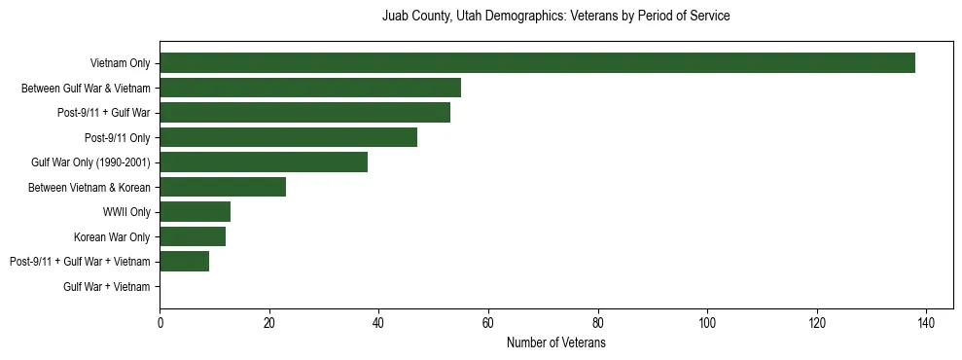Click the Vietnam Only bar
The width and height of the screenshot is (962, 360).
[x=537, y=63]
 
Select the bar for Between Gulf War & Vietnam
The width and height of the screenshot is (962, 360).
[x=310, y=88]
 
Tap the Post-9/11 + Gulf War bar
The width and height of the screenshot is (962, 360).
[x=304, y=113]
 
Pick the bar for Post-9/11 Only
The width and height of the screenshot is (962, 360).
[x=288, y=137]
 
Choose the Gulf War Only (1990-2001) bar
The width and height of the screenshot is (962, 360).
[x=264, y=162]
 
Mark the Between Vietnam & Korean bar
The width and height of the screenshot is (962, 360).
[x=223, y=187]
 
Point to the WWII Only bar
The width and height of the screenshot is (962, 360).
[x=195, y=212]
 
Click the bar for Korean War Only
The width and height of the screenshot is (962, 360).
[x=193, y=236]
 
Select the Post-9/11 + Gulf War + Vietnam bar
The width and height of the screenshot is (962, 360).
[x=184, y=262]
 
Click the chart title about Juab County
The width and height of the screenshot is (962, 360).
[x=555, y=17]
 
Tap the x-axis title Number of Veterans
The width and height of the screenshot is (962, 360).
[x=555, y=343]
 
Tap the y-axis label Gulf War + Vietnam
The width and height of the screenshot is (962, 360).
[x=106, y=287]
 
